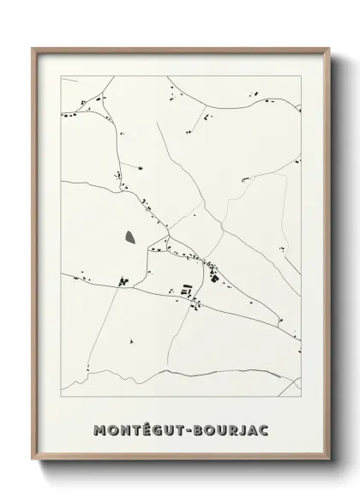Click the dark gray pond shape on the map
(129, 237)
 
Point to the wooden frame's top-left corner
(33, 49)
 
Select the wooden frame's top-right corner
(328, 49)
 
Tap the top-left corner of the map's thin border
(61, 77)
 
